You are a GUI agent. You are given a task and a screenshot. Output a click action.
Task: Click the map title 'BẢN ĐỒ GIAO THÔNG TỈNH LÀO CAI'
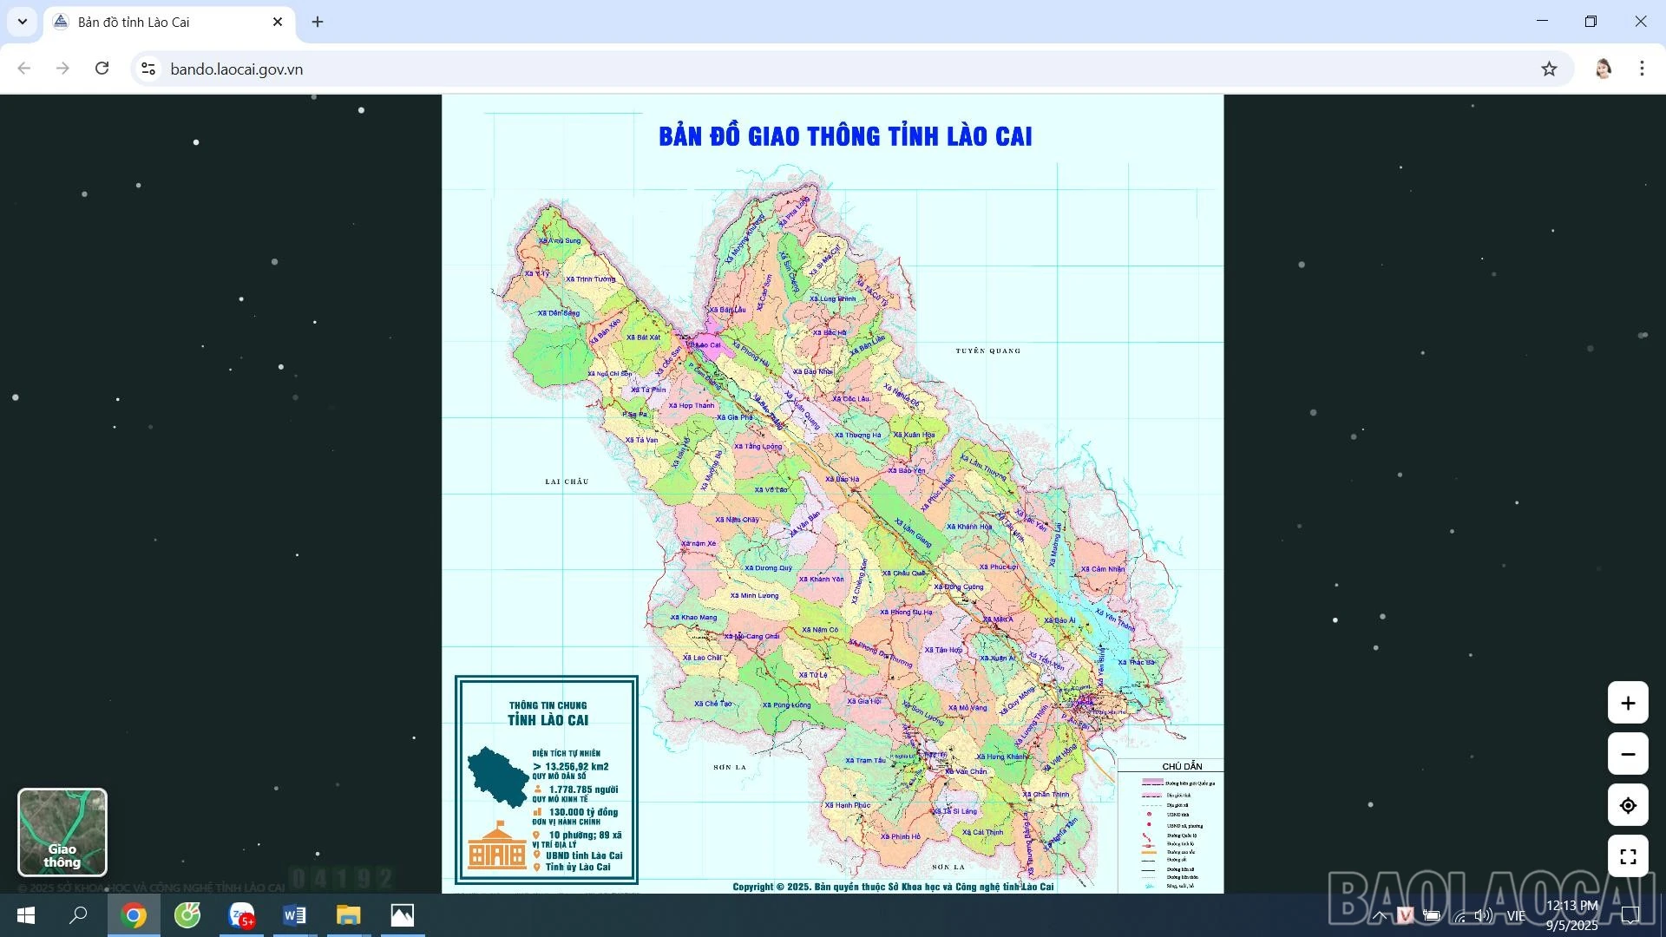coord(845,136)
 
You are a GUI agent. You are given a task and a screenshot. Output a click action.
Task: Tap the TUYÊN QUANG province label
coord(988,351)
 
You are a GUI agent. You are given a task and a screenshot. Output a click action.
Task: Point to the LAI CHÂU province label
coord(567,482)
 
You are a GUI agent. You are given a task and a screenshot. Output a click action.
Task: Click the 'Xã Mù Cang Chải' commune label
coord(752,637)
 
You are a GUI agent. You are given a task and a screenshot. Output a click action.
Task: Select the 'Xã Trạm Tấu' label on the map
coord(866,761)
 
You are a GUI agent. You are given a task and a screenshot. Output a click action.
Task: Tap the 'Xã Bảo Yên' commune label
coord(907,470)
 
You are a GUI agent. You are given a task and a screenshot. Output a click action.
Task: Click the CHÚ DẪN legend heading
coord(1182,766)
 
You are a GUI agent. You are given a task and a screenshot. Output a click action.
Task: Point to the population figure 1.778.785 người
coord(583,790)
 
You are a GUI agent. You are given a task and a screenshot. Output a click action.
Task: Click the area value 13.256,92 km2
coord(576,766)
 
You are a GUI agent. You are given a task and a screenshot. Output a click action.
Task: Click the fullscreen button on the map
coord(1628,856)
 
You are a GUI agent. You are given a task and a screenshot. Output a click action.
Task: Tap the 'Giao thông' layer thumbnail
coord(62,832)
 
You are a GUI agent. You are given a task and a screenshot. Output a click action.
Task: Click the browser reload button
coord(102,69)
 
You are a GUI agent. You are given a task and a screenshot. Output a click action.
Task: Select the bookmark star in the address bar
coord(1549,69)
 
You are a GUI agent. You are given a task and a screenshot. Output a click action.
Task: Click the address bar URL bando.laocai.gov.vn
coord(237,69)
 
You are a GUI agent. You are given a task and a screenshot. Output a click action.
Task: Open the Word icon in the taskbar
coord(294,915)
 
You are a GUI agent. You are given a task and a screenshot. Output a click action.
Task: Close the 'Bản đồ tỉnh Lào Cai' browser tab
coord(278,22)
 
